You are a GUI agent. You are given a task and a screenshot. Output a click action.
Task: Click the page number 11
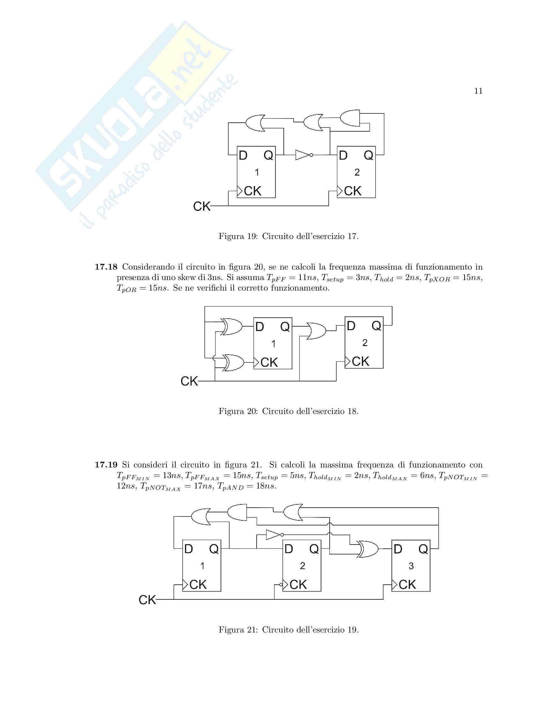coord(478,91)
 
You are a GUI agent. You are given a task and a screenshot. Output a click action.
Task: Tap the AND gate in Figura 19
coord(350,119)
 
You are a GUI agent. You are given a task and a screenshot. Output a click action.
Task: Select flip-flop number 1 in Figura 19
coord(256,172)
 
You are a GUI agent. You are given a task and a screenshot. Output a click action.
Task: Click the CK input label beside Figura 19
coord(201,206)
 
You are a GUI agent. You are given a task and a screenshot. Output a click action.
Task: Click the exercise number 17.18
coord(106,267)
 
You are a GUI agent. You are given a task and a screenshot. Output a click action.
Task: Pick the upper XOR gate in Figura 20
coord(231,326)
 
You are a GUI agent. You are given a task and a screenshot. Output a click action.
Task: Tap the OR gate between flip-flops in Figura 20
coord(316,331)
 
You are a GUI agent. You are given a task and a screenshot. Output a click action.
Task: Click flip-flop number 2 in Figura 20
coord(364,343)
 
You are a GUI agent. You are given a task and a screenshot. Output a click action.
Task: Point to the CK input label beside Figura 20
coord(189,381)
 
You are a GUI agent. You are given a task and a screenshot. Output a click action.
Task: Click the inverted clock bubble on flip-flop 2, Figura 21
coord(281,585)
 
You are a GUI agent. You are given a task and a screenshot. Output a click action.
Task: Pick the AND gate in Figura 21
coord(237,512)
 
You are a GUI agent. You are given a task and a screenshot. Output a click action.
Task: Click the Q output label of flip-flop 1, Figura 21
coord(214,550)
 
